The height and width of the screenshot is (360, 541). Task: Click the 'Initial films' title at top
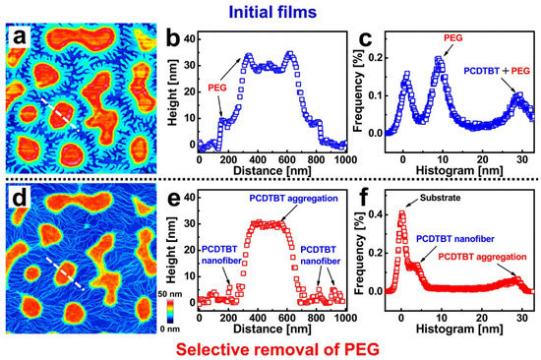pos(271,11)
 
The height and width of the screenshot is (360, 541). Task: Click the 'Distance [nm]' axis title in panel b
pos(271,171)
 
